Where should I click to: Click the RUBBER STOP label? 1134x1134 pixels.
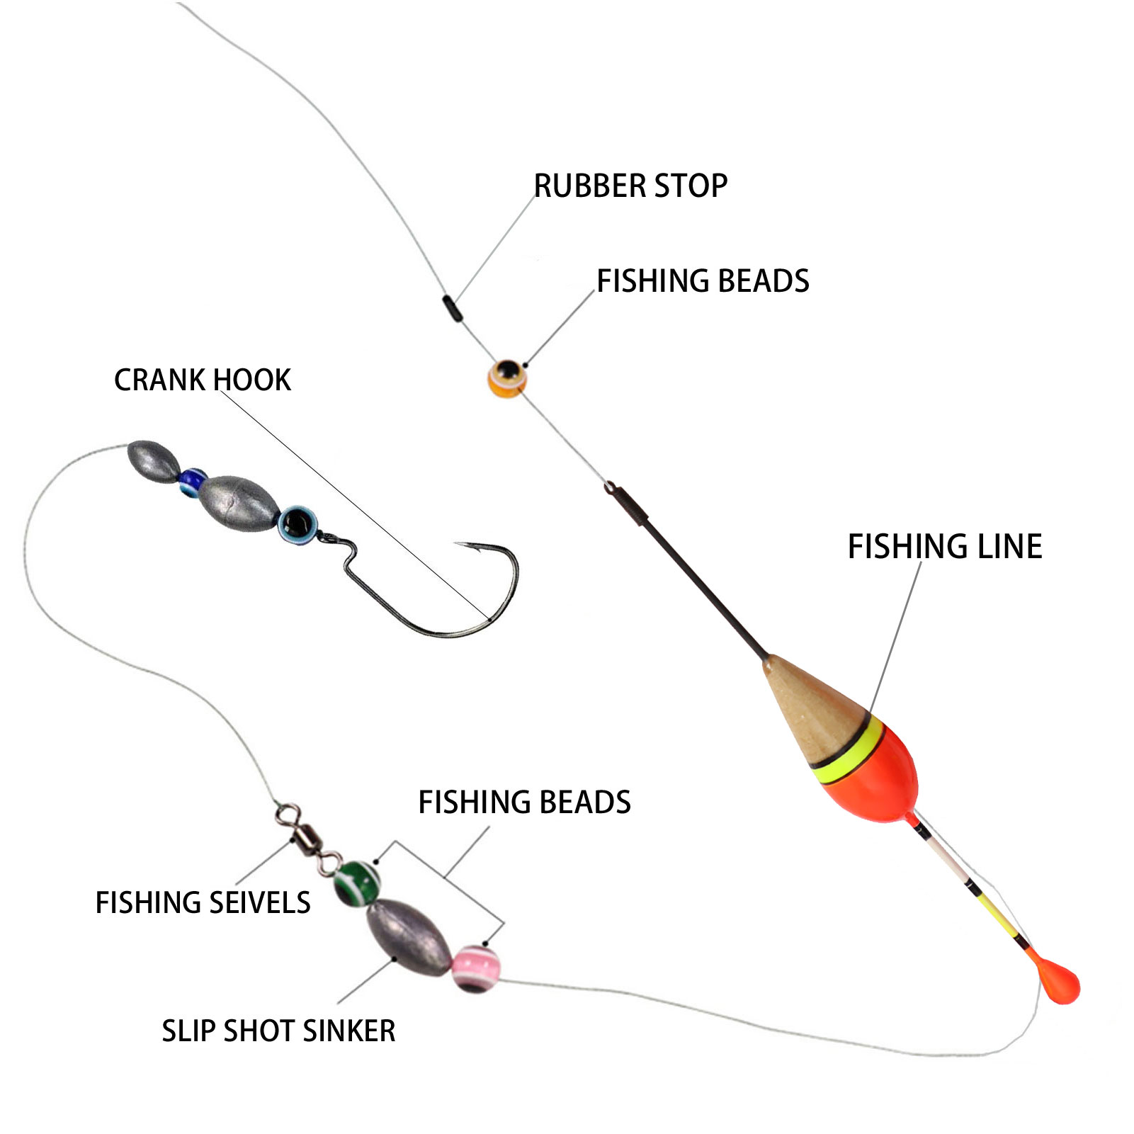630,186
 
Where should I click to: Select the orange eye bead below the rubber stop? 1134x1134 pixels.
507,378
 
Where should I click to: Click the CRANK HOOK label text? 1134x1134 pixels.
202,380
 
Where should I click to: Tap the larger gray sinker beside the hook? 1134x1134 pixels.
237,504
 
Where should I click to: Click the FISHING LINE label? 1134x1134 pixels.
944,547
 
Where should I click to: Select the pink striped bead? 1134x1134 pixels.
475,968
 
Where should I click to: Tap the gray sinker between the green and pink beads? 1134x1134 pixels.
408,934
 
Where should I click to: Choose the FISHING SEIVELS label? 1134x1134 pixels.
203,903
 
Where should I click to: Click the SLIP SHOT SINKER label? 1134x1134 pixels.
278,1031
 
